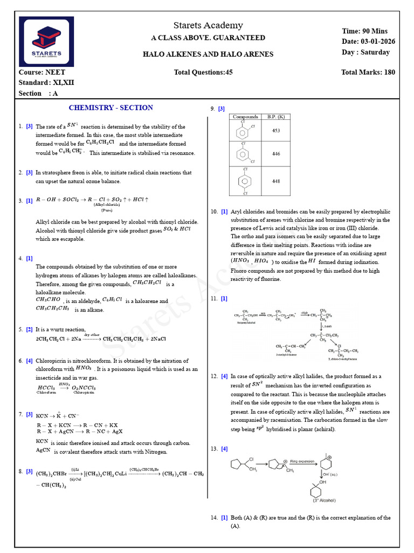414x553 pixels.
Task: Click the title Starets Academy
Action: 208,25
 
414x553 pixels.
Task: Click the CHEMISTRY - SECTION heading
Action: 111,107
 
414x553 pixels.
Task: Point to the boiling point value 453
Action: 276,130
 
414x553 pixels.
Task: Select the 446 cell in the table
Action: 276,154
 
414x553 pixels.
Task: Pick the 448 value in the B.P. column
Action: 276,181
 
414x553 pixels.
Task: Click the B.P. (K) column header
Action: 276,117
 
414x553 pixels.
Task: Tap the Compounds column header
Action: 245,117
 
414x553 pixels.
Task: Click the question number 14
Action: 214,518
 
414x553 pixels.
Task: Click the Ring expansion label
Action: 302,462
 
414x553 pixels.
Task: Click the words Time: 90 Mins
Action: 364,31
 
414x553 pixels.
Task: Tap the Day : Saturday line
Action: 365,52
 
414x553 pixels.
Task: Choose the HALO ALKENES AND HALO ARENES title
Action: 208,54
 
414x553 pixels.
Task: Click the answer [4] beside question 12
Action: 224,376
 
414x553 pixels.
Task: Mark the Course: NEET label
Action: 42,72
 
